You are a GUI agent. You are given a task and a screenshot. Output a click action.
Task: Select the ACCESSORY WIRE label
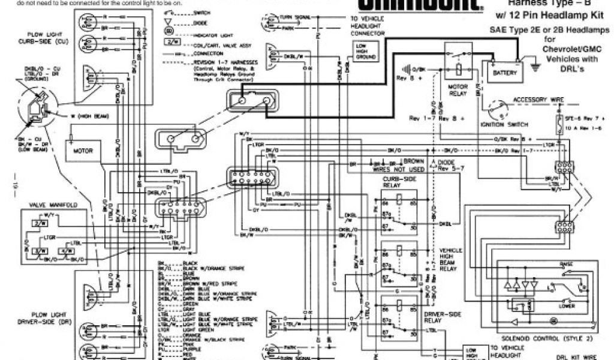point(535,100)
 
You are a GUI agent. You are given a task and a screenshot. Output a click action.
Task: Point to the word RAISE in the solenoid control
point(565,263)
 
